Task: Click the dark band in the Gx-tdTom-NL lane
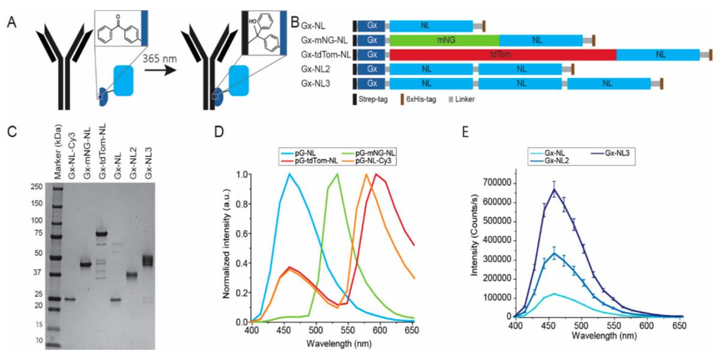point(101,234)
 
